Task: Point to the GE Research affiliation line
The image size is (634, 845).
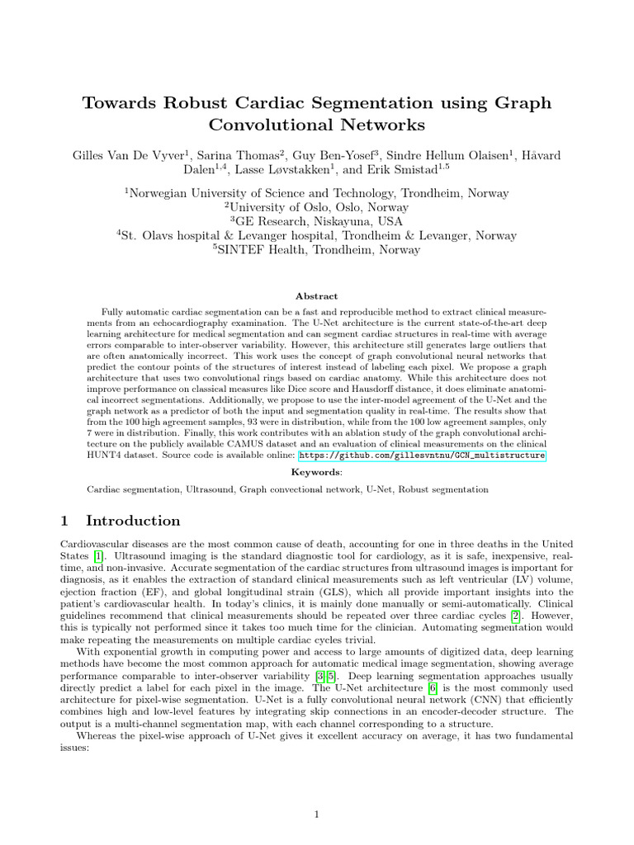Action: click(x=317, y=222)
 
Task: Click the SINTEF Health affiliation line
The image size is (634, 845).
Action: click(x=317, y=250)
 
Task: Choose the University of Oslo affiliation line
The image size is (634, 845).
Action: click(x=317, y=208)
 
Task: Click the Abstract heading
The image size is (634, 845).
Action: click(x=317, y=296)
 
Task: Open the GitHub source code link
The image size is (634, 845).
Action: click(x=422, y=455)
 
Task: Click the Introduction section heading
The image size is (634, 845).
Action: click(x=133, y=521)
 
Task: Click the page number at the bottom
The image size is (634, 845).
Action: click(x=317, y=815)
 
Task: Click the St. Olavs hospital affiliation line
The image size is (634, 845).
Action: click(x=317, y=236)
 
